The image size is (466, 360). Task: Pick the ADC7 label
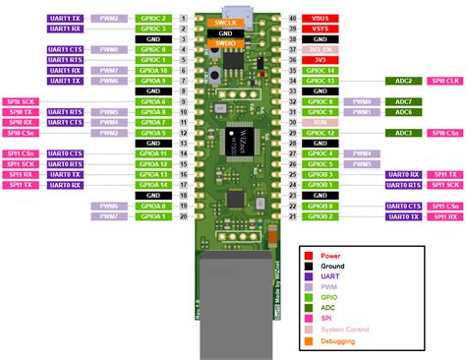pos(403,102)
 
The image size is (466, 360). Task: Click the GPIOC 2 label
pos(152,19)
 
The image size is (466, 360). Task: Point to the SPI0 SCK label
pos(22,102)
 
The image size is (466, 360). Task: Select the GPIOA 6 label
pos(152,102)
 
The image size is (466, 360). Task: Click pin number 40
pos(292,19)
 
